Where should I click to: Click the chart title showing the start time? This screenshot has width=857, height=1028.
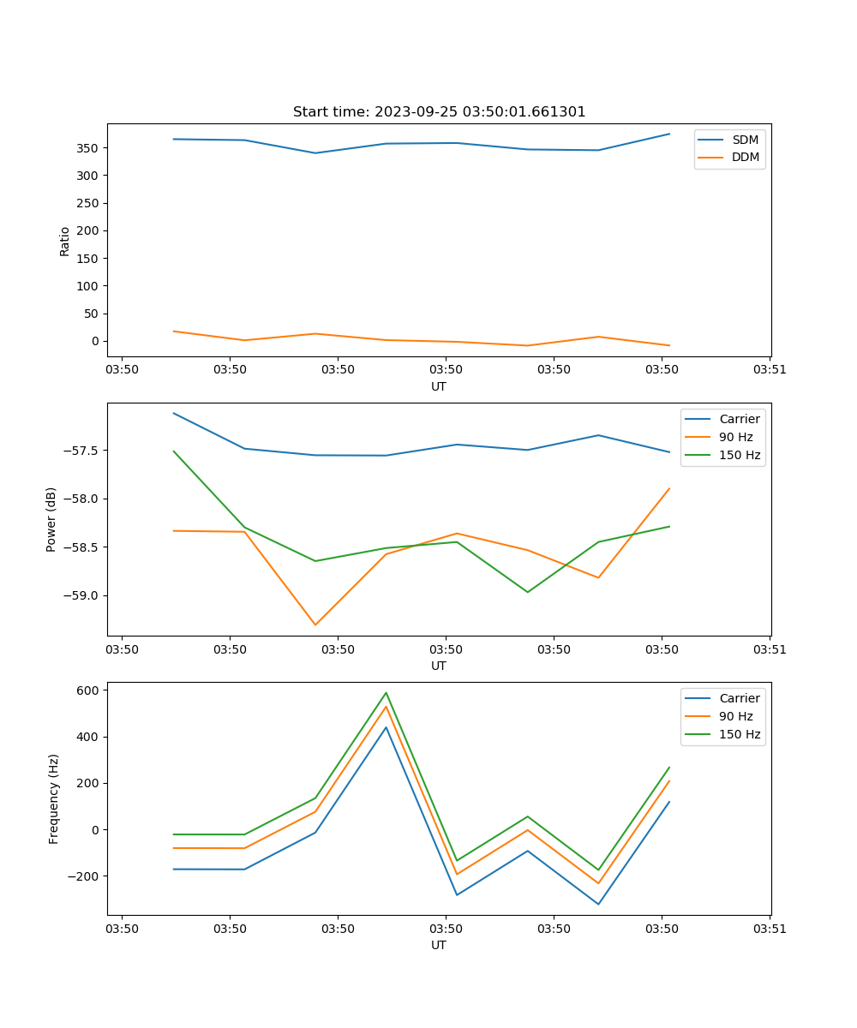[439, 112]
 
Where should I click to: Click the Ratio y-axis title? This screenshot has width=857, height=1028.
[65, 242]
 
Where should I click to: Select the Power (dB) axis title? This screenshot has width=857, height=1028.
[51, 519]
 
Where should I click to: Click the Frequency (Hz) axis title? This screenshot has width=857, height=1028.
[53, 799]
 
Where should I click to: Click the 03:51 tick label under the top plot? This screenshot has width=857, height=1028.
[770, 370]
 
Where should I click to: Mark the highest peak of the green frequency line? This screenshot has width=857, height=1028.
[386, 692]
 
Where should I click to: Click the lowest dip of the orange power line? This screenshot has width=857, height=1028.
[315, 625]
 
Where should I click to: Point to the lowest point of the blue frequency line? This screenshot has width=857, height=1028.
[598, 904]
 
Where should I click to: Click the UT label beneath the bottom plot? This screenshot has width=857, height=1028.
[439, 945]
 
